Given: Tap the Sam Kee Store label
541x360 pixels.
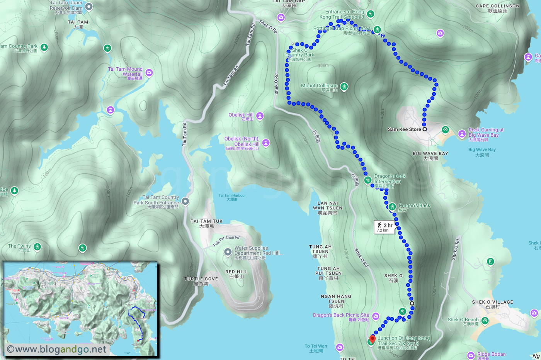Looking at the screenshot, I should [404, 129].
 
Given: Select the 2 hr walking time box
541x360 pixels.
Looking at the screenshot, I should [384, 227].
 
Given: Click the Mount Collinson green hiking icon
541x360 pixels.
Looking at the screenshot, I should [344, 87].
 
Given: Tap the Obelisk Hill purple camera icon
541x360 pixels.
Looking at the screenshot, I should [260, 115].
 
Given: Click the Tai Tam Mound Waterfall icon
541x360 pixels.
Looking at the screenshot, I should [149, 72].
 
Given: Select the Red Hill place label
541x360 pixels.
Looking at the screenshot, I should [236, 274].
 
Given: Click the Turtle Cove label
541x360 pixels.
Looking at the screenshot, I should [201, 281].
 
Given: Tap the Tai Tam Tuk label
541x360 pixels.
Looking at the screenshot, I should [206, 223].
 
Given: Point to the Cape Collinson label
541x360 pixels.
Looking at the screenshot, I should [497, 8].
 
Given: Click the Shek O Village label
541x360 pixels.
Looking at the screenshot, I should [492, 304].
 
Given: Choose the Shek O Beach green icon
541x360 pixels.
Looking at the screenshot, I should [485, 320].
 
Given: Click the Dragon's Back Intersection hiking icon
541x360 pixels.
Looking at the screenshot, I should [368, 180].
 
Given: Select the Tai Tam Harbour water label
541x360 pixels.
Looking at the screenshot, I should [232, 197].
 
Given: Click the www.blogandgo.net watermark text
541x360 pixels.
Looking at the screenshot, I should [56, 349].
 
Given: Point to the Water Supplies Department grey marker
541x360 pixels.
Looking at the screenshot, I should [228, 252].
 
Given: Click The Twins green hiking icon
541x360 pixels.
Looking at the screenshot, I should [37, 246].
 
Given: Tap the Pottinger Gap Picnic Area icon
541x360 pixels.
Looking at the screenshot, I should [378, 29].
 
